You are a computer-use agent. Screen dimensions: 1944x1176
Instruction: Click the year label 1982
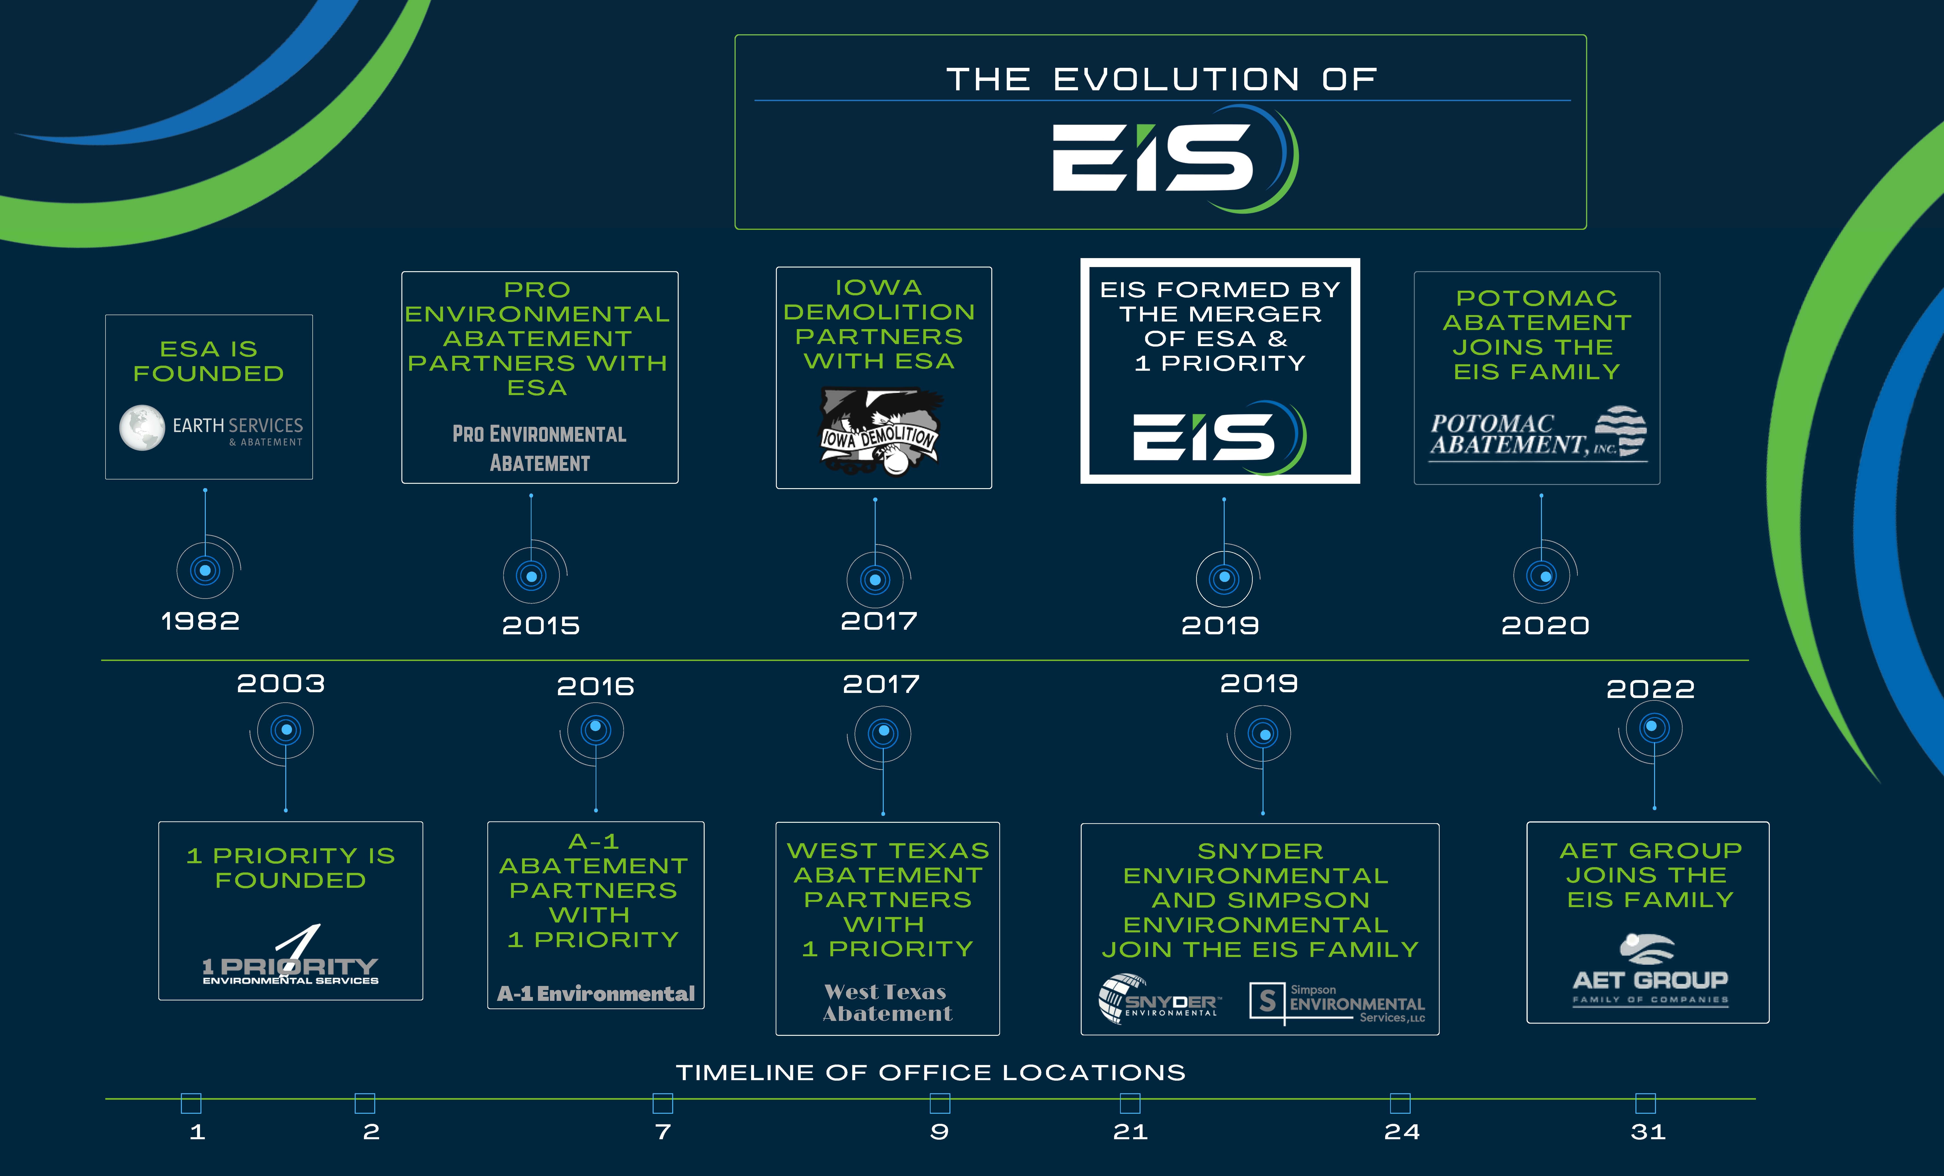click(x=200, y=621)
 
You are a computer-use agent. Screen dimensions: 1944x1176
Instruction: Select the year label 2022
click(x=1650, y=689)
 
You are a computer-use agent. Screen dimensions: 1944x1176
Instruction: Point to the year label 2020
click(x=1545, y=626)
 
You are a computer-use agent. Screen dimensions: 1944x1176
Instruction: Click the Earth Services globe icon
click(x=142, y=427)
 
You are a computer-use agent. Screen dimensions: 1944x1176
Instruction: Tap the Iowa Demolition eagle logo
click(x=880, y=431)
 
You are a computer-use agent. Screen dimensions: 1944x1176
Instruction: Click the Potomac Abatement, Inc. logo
click(x=1538, y=433)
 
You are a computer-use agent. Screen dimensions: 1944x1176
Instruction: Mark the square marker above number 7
click(x=663, y=1103)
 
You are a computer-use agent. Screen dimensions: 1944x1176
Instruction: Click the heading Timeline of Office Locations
click(x=931, y=1073)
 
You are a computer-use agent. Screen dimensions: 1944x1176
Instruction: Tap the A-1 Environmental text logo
click(x=596, y=994)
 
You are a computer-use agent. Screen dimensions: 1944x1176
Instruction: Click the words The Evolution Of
click(x=1161, y=80)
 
